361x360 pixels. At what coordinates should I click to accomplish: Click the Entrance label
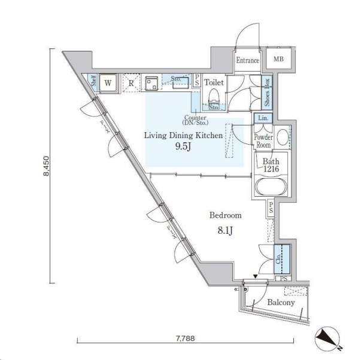pos(247,60)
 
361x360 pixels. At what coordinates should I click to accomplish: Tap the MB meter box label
pos(278,59)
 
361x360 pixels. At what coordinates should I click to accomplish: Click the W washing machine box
pos(108,83)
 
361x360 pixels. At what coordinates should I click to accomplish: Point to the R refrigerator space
pos(131,83)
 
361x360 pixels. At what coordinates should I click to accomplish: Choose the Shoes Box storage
pos(266,92)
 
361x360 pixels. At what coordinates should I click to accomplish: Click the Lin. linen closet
pos(263,118)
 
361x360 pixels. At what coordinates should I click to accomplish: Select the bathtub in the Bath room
pos(271,187)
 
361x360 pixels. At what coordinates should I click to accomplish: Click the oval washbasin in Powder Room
pos(283,137)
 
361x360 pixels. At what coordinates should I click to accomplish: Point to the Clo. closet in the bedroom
pos(282,259)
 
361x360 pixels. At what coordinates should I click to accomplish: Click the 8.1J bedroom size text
pos(225,230)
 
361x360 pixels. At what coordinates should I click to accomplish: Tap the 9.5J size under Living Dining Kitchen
pos(183,147)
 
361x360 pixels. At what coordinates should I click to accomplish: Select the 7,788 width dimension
pos(185,338)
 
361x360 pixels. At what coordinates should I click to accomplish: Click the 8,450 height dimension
pos(46,166)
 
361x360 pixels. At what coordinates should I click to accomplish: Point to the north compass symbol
pos(327,338)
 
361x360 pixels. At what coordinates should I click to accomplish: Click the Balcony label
pos(281,302)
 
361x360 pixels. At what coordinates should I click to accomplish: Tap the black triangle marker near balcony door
pos(255,276)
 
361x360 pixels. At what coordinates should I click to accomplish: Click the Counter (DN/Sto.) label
pos(195,120)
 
